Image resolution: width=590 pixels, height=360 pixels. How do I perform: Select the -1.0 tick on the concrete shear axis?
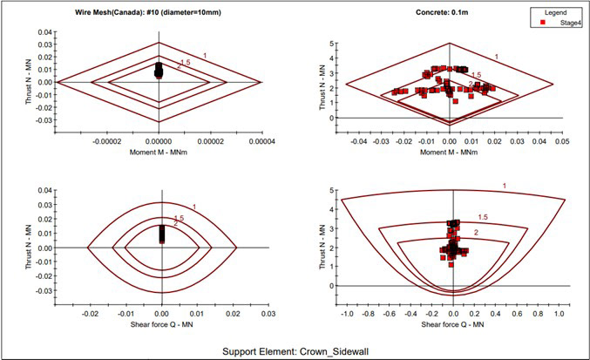[x=347, y=312]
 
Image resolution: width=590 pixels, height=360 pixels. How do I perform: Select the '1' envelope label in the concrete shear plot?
[x=504, y=186]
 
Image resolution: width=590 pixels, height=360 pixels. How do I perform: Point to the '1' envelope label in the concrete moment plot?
[x=497, y=58]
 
